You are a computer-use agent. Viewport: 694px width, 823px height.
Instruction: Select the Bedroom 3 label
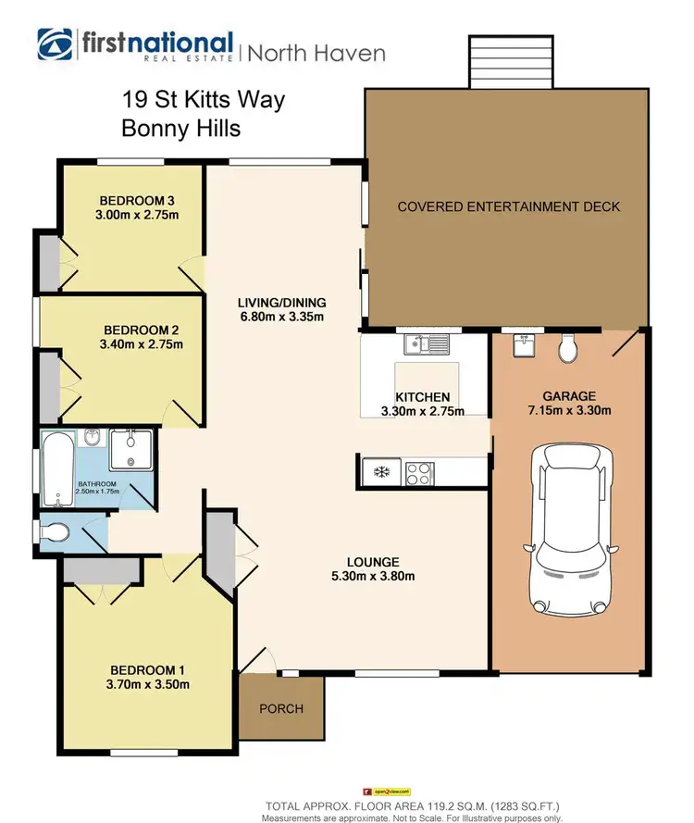[137, 201]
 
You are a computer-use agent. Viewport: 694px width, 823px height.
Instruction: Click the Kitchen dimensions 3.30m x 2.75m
[423, 412]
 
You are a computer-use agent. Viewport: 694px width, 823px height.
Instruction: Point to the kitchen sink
[426, 345]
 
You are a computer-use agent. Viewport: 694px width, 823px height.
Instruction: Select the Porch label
[280, 709]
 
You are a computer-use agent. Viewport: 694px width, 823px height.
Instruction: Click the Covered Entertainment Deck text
[508, 206]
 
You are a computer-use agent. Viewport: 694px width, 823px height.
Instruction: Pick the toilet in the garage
[569, 348]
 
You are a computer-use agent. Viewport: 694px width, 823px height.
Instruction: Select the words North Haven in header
[316, 53]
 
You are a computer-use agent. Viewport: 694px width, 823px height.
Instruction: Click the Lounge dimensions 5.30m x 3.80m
[373, 577]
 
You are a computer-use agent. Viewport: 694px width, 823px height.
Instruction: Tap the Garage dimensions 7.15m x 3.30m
[569, 411]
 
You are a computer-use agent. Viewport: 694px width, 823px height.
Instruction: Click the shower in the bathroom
[128, 452]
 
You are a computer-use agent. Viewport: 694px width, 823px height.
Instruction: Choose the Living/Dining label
[281, 303]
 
